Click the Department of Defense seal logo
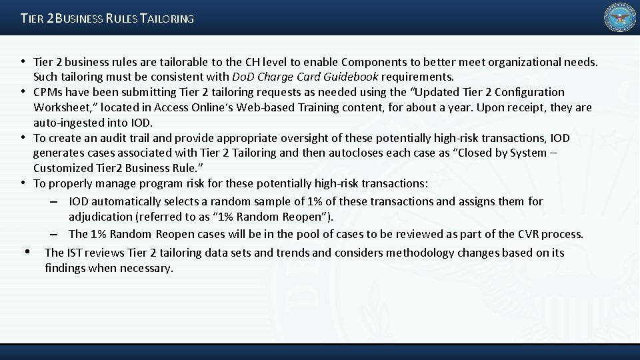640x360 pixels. (619, 17)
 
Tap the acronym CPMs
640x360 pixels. (47, 92)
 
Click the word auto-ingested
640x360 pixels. (66, 123)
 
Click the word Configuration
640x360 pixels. (523, 92)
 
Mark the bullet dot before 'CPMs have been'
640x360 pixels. (23, 91)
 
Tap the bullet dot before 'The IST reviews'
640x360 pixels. (27, 252)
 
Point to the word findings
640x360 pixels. (65, 268)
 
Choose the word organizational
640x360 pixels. (523, 62)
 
